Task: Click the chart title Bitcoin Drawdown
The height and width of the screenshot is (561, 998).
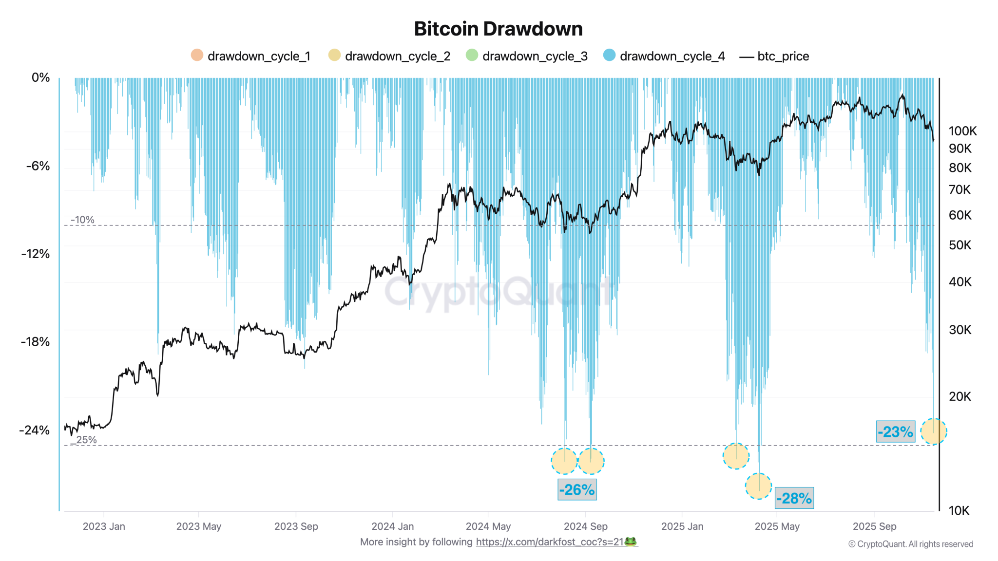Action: (498, 29)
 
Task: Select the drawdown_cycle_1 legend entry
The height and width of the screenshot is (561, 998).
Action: (251, 56)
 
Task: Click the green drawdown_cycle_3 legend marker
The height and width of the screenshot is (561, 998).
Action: (472, 55)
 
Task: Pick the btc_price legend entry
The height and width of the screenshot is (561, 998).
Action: (774, 56)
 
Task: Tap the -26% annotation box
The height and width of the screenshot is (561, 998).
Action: (577, 489)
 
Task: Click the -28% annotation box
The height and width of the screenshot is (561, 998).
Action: (794, 498)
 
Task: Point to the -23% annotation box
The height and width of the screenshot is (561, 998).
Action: (895, 431)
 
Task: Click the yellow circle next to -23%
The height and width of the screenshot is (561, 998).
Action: (933, 431)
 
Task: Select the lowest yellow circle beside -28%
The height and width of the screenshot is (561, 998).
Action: (758, 486)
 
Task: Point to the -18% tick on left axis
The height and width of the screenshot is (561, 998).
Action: (35, 342)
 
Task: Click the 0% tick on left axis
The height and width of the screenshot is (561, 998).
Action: (40, 78)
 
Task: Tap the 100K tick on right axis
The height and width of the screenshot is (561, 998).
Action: (962, 131)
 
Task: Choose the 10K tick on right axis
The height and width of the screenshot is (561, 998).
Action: (959, 511)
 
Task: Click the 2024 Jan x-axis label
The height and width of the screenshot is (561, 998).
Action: (392, 526)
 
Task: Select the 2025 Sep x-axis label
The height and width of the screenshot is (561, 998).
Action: (874, 526)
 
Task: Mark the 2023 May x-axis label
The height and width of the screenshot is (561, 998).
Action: (198, 526)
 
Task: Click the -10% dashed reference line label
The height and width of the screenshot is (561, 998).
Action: (82, 220)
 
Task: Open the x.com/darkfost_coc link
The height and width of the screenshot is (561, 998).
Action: (549, 542)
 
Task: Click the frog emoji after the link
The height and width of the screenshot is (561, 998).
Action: (631, 542)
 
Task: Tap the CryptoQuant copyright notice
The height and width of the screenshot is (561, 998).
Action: (910, 544)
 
